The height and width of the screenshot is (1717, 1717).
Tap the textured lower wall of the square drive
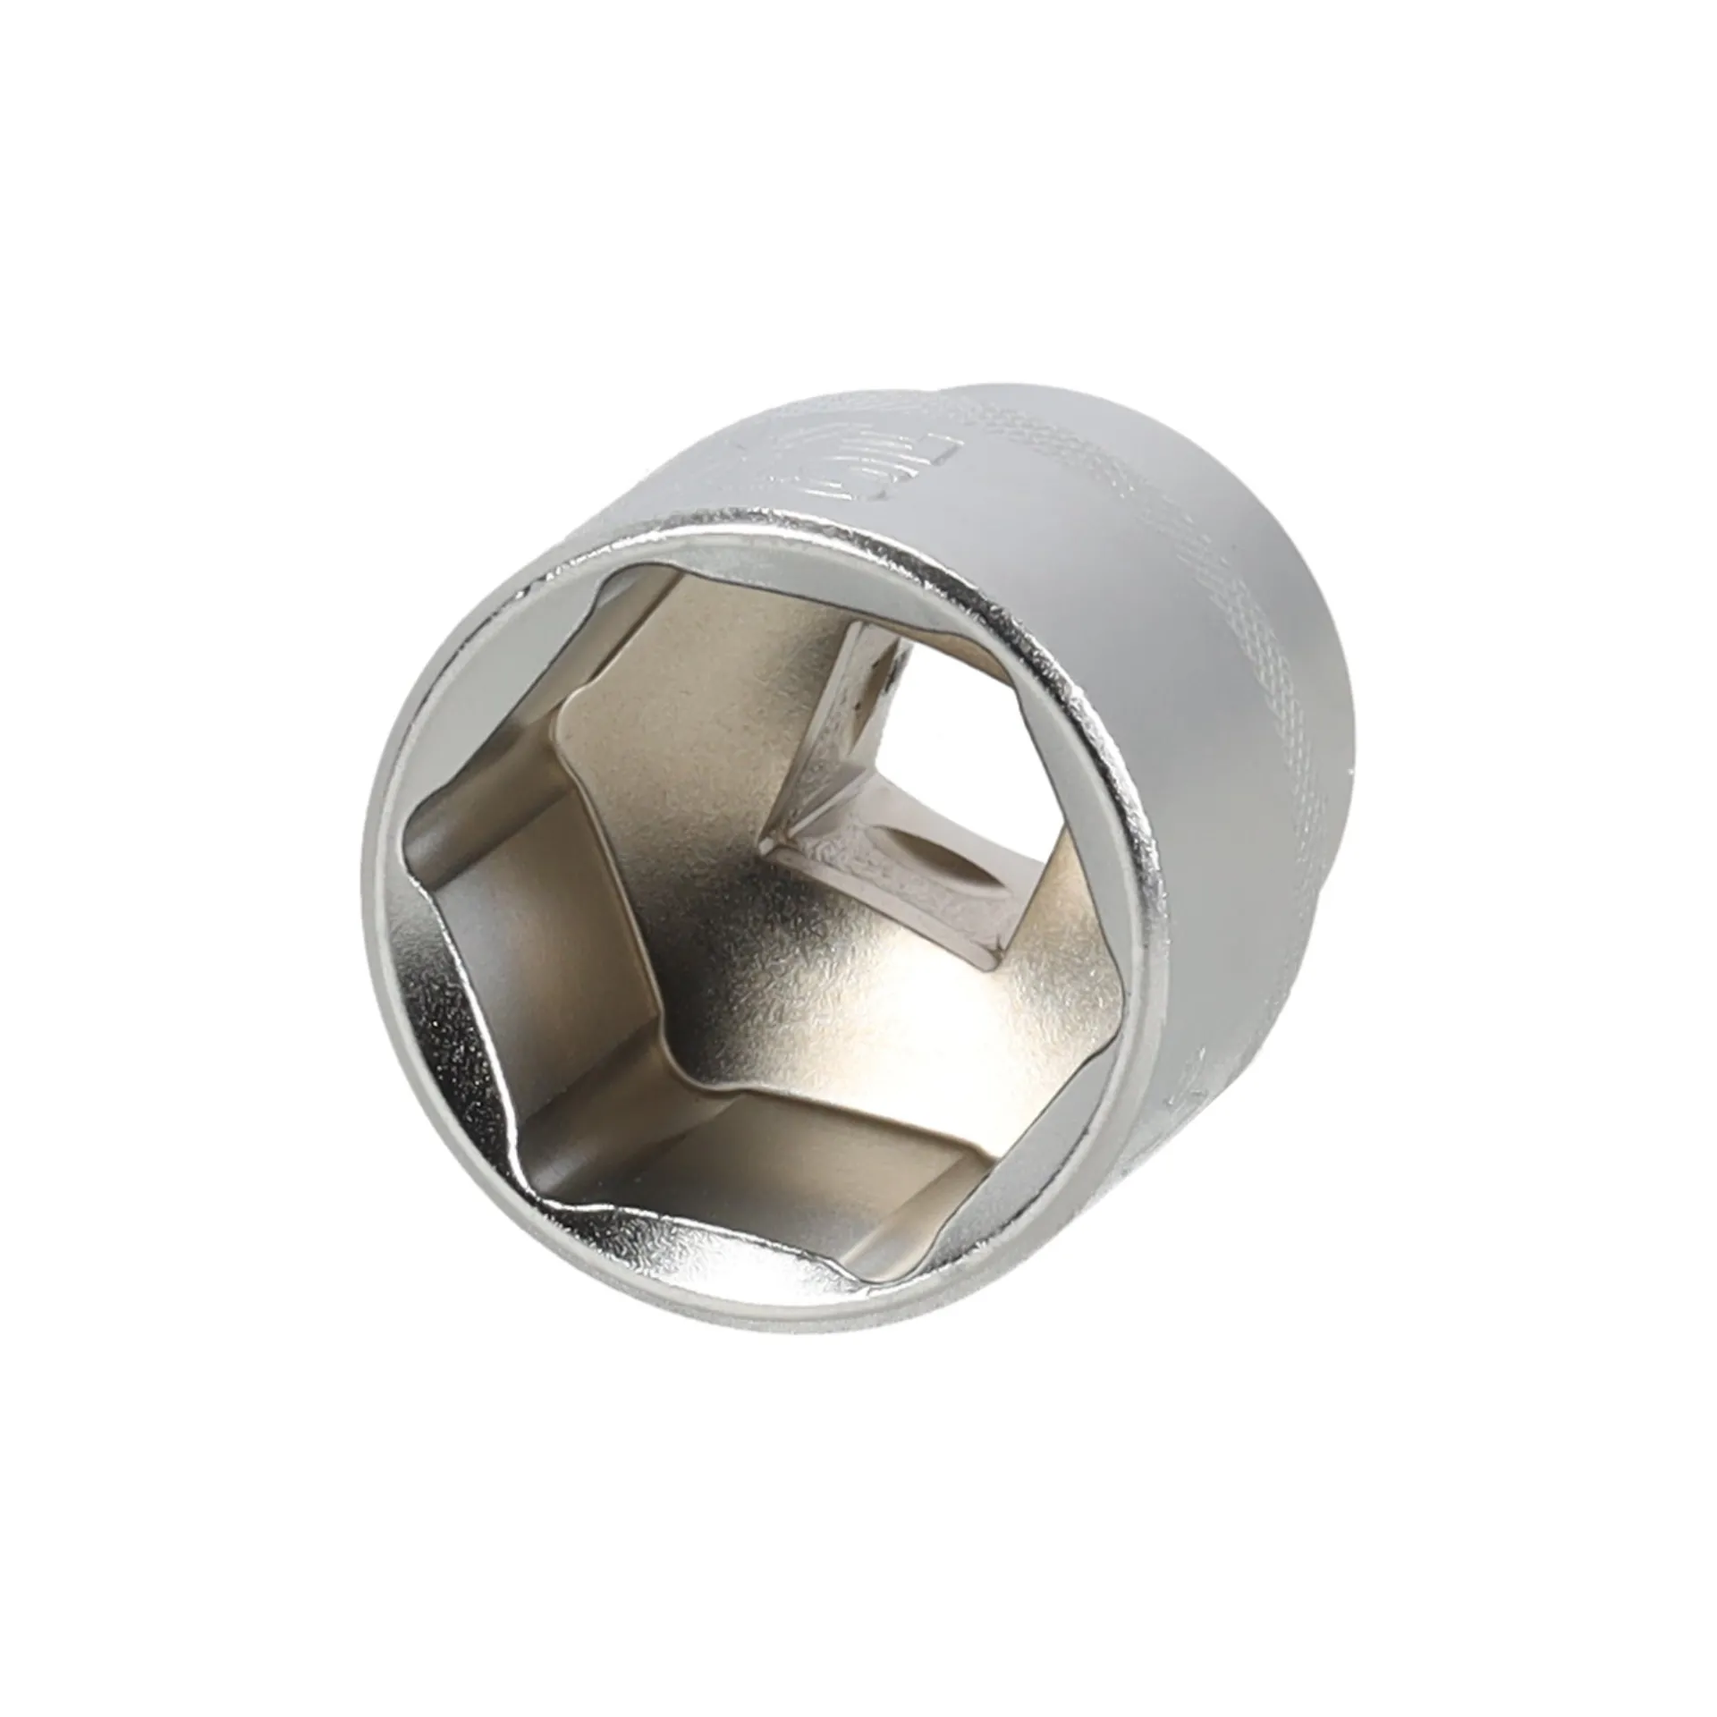pos(894,885)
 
